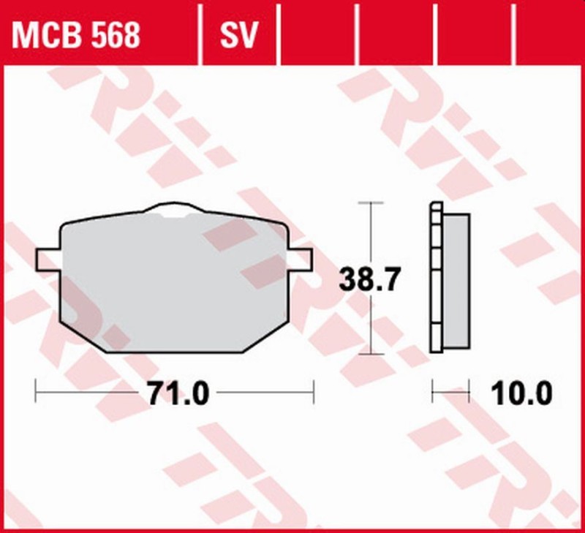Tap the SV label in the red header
coord(239,35)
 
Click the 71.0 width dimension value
coord(178,394)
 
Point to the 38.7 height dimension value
coord(371,279)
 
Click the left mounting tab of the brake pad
coord(48,260)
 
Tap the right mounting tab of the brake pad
coord(302,258)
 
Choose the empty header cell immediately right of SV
coord(318,35)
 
